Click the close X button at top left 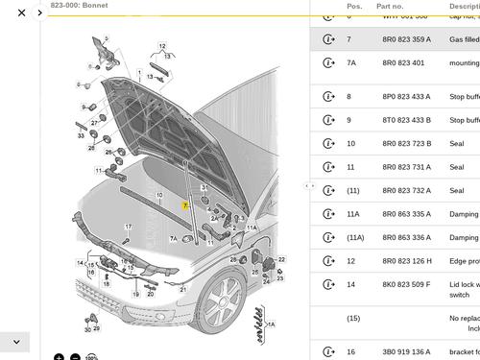[x=21, y=12]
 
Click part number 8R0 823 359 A [x=407, y=39]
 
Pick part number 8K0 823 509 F [x=407, y=284]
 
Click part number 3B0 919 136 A [x=407, y=352]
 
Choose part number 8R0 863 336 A [x=407, y=237]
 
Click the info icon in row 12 [x=328, y=261]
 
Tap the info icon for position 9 [x=328, y=120]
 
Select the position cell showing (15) [x=353, y=318]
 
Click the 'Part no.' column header [x=391, y=6]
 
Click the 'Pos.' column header [x=354, y=6]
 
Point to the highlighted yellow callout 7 [x=185, y=205]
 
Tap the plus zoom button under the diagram [x=59, y=356]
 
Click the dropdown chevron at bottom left [x=16, y=341]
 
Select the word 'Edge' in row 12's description [x=458, y=261]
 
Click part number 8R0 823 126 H [x=407, y=261]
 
